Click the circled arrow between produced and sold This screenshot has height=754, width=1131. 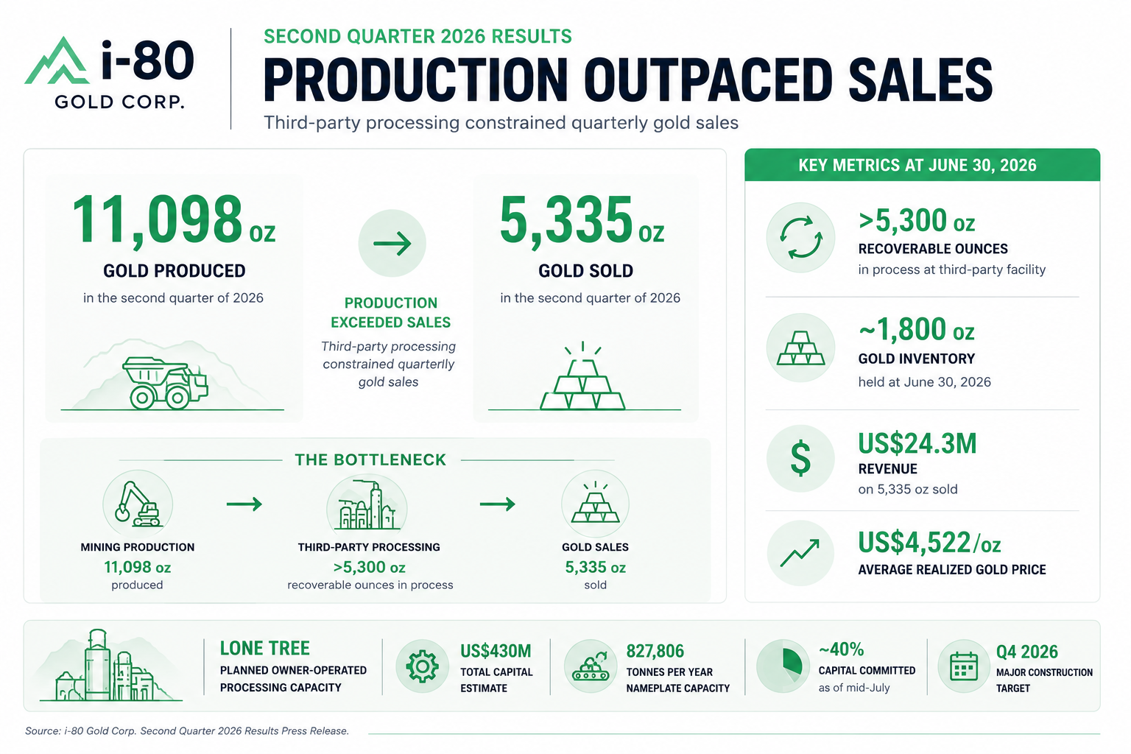tap(392, 244)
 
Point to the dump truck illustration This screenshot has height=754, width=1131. tap(165, 382)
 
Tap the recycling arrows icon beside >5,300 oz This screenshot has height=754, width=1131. tap(800, 237)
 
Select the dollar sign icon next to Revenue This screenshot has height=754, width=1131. tap(800, 458)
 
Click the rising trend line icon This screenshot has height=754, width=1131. tap(800, 553)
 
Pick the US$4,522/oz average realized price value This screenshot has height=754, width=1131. tap(929, 543)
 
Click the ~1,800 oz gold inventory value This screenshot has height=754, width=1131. tap(917, 330)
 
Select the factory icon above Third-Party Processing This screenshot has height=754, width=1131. tap(367, 505)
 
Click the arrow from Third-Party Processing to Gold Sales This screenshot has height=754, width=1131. tap(497, 504)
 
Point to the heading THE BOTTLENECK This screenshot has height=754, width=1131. tap(370, 460)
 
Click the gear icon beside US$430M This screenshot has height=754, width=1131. tap(422, 666)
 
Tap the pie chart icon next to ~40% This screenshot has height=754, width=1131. tap(783, 666)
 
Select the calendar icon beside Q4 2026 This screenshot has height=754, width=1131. tap(964, 666)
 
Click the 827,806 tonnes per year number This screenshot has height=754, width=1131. tap(655, 652)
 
